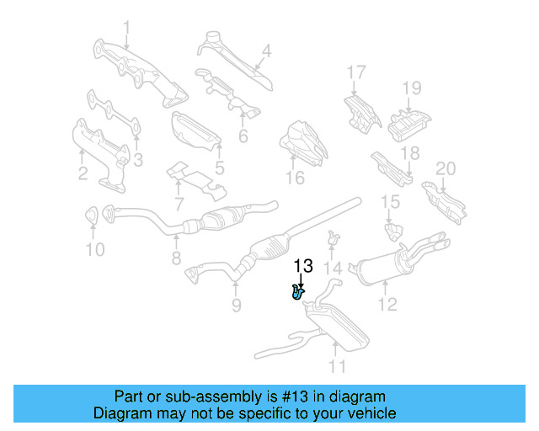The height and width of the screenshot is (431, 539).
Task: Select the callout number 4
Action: (266, 52)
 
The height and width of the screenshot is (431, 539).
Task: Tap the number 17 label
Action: (356, 72)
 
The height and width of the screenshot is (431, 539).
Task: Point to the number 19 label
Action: (410, 88)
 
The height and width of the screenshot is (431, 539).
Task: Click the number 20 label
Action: (446, 168)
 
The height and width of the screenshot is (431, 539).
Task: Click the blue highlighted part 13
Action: (297, 292)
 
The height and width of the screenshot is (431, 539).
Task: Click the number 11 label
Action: (337, 366)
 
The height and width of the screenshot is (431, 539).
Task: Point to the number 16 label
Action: (294, 178)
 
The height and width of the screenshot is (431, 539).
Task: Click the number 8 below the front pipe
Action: (176, 258)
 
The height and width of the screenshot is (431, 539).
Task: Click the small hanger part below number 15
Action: (392, 228)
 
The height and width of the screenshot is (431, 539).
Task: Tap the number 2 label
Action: (83, 175)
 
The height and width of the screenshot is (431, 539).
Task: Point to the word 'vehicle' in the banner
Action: (372, 413)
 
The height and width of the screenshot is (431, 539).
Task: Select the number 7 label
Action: (178, 203)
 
